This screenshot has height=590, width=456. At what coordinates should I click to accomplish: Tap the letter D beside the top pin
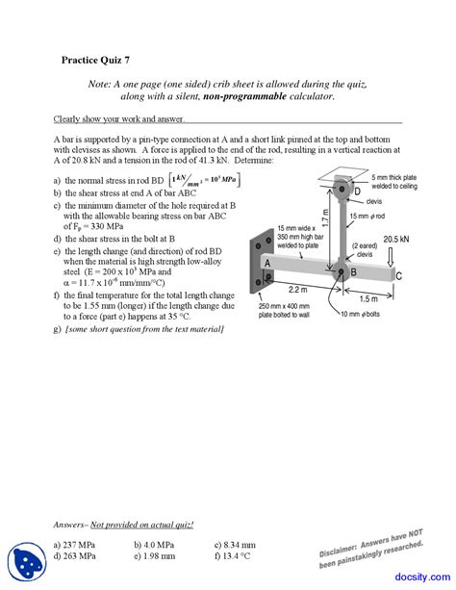(x=356, y=192)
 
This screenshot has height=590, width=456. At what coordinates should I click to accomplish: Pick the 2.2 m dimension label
(x=296, y=289)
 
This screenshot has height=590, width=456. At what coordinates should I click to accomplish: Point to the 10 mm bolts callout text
(x=360, y=315)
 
